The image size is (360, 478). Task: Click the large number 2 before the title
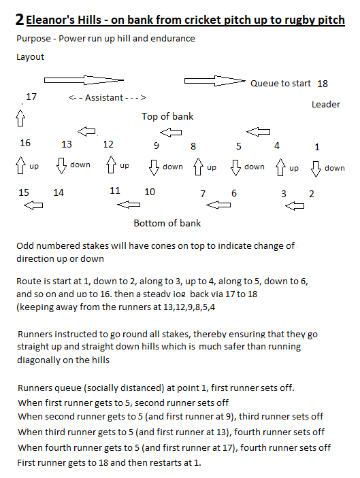20,20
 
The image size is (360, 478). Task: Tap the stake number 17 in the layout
31,97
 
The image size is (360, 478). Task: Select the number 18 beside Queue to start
323,84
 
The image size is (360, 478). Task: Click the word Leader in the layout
326,104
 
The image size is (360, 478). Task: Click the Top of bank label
167,116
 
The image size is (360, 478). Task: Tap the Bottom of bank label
167,223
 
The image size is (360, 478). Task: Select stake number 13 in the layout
67,144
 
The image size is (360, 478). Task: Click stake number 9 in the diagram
157,146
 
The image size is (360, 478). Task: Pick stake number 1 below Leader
317,147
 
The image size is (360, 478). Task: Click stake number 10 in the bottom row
150,192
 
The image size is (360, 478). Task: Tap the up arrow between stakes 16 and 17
20,118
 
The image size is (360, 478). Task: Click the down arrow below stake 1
316,169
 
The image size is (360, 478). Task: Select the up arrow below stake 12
111,165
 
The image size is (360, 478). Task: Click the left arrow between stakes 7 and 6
218,205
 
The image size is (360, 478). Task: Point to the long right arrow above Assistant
84,80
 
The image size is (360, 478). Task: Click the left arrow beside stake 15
33,205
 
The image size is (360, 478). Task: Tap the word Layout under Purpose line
30,57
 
